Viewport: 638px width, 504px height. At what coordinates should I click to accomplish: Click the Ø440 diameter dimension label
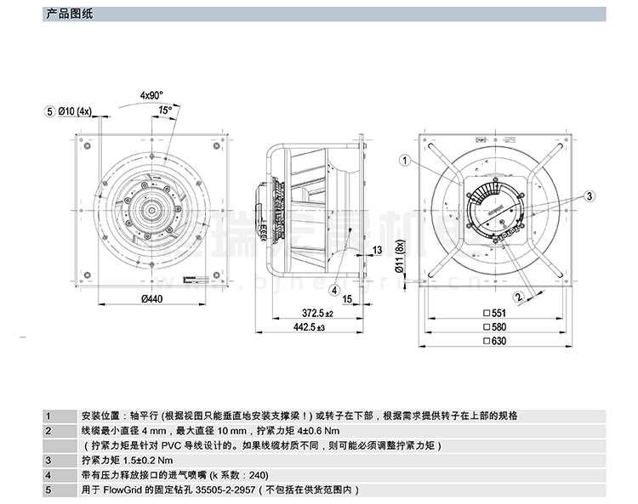pos(151,298)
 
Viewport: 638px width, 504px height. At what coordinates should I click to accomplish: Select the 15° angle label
pos(165,110)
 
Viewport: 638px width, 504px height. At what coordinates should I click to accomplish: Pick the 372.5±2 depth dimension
pos(316,314)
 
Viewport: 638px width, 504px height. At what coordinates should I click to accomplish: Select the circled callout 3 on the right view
pos(587,195)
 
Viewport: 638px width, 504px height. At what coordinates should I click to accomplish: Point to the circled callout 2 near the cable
pos(516,297)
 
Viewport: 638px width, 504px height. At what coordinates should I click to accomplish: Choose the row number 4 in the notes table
pos(49,475)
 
